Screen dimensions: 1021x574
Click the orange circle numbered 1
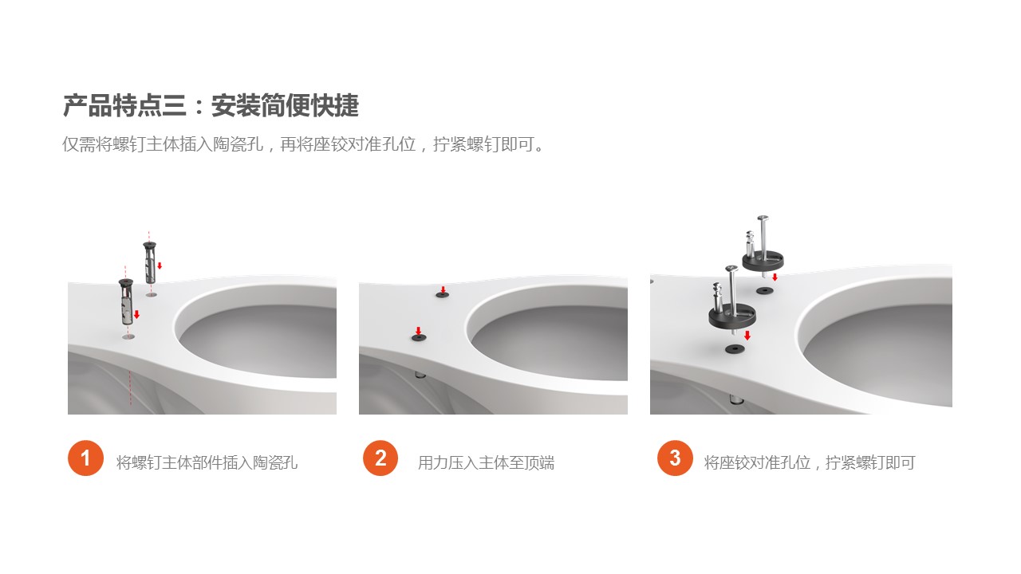(85, 458)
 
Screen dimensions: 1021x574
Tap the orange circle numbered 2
(380, 458)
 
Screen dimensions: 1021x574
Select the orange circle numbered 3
(675, 458)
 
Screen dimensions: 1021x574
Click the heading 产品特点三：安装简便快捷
(211, 106)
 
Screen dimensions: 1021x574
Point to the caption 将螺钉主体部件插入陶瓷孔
(207, 463)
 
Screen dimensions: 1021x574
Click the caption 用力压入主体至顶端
(487, 463)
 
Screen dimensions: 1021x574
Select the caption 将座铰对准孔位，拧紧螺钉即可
(810, 463)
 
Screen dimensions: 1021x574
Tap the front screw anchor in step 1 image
(126, 301)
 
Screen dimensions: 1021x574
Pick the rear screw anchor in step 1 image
(150, 262)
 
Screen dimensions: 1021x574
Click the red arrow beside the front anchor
(136, 314)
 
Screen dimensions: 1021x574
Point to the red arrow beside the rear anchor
(160, 265)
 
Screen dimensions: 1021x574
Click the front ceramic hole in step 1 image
(128, 336)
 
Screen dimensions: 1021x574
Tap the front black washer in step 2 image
(419, 337)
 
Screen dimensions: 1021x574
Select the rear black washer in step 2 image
(442, 295)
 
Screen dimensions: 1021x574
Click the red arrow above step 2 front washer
(418, 330)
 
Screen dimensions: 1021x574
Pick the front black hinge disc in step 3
(732, 315)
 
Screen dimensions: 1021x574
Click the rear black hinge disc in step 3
(763, 261)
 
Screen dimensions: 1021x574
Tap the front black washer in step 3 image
(735, 349)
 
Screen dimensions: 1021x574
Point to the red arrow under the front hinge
(747, 336)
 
